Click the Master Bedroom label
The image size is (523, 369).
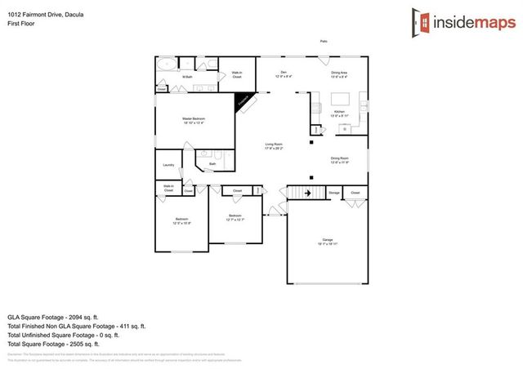[x=193, y=120]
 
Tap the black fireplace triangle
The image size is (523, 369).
[x=244, y=101]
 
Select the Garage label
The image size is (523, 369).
[x=326, y=240]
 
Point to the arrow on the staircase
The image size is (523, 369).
[x=307, y=193]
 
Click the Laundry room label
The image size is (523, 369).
[x=169, y=165]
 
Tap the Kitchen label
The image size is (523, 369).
[x=339, y=113]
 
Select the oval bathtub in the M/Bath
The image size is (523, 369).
[x=166, y=65]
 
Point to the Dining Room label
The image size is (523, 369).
[x=340, y=159]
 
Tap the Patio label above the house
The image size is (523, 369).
[x=324, y=41]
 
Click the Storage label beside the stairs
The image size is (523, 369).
[x=333, y=193]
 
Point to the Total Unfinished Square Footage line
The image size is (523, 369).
[x=64, y=335]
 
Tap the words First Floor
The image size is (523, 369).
[x=20, y=24]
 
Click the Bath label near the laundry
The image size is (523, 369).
[x=212, y=164]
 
